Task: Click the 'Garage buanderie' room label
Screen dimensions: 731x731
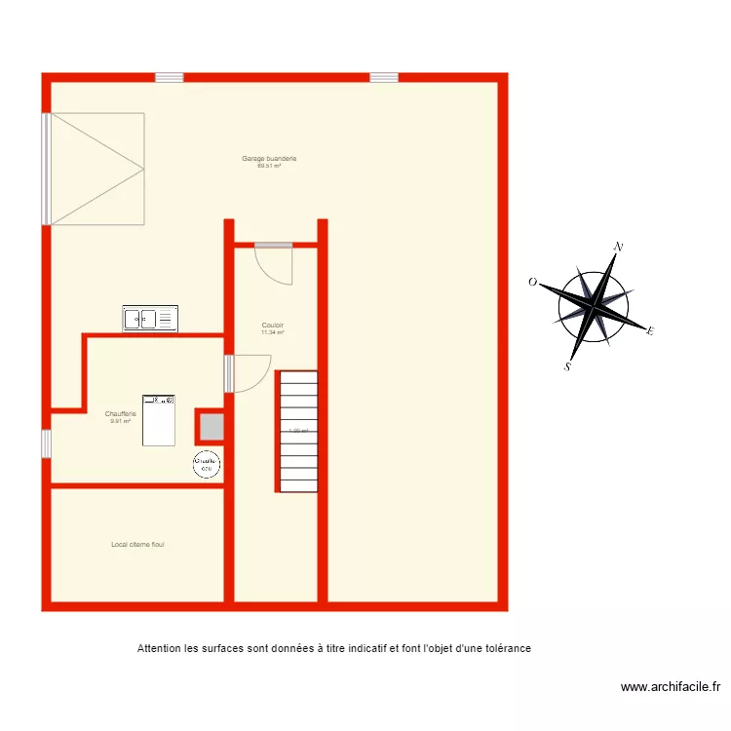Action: pyautogui.click(x=269, y=158)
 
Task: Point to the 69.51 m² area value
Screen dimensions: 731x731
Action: pyautogui.click(x=269, y=166)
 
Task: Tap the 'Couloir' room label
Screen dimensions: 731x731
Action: pyautogui.click(x=273, y=326)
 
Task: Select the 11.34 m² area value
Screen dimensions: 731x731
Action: pyautogui.click(x=273, y=332)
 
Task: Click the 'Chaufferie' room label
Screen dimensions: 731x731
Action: pyautogui.click(x=121, y=414)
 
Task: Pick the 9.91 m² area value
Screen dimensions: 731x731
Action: pyautogui.click(x=121, y=421)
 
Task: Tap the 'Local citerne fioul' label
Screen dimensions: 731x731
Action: pyautogui.click(x=137, y=545)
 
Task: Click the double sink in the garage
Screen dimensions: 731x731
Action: pyautogui.click(x=151, y=319)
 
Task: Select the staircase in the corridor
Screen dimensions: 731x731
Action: pyautogui.click(x=297, y=431)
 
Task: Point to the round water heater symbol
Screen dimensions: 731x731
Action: pyautogui.click(x=207, y=465)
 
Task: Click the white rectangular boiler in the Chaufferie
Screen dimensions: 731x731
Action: pyautogui.click(x=159, y=420)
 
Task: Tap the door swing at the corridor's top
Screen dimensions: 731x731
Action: pyautogui.click(x=273, y=264)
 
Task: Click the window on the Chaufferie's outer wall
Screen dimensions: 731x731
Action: pyautogui.click(x=46, y=443)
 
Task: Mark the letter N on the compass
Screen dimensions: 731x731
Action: pyautogui.click(x=617, y=248)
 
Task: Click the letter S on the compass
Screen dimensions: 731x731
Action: pyautogui.click(x=567, y=367)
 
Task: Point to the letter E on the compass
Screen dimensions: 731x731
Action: pyautogui.click(x=649, y=331)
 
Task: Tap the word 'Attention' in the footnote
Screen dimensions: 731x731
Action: pyautogui.click(x=159, y=648)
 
